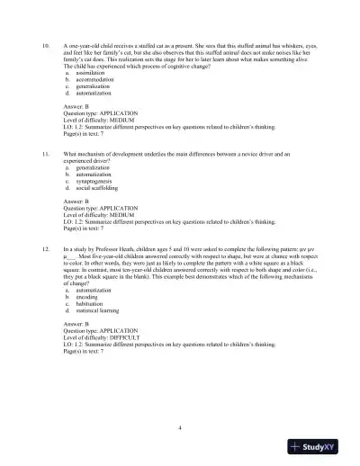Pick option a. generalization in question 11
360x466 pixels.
[85, 167]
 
